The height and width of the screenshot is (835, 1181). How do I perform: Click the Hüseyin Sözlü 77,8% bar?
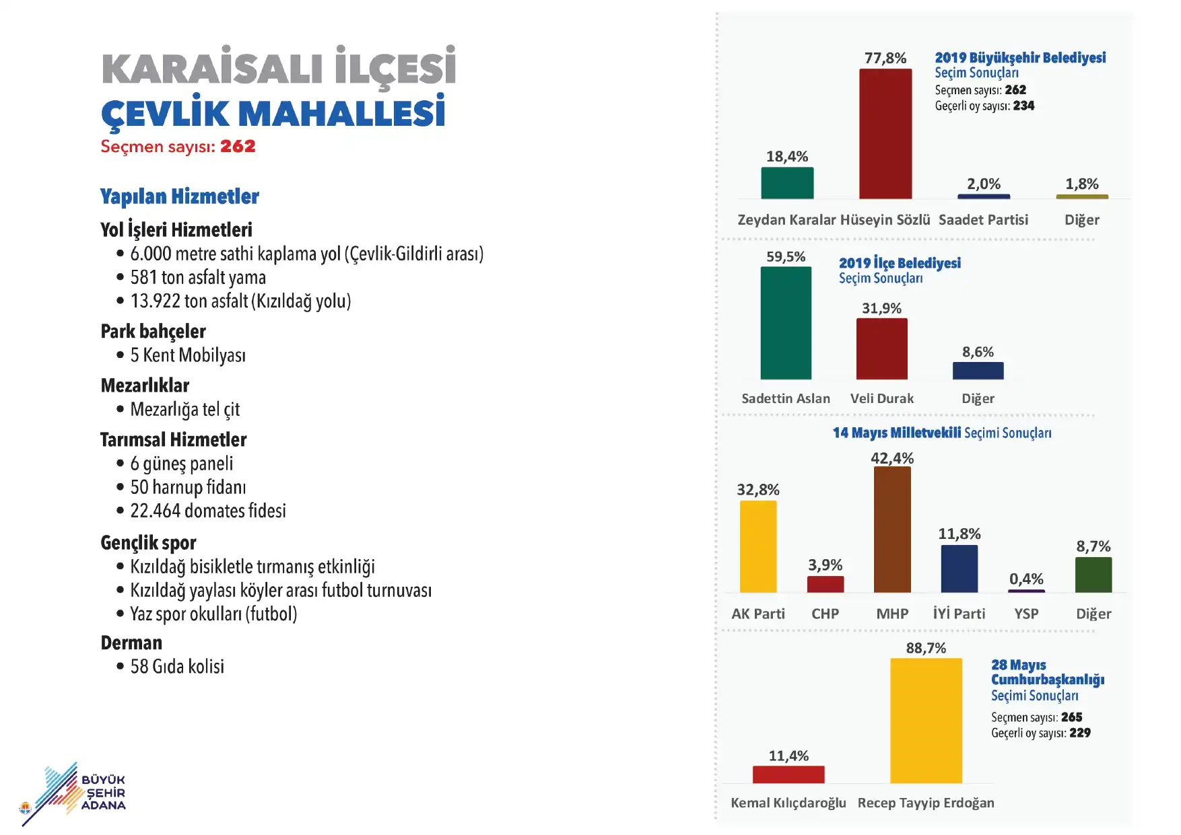(x=885, y=134)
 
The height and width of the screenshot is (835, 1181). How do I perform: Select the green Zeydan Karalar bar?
(x=787, y=183)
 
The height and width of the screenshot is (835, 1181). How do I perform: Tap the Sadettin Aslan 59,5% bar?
(x=786, y=323)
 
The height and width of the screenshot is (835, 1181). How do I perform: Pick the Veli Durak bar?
(x=881, y=349)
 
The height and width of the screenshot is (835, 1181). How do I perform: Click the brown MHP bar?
(x=892, y=530)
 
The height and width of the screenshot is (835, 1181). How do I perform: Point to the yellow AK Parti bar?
(x=758, y=546)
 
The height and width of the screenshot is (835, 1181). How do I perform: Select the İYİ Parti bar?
(x=959, y=569)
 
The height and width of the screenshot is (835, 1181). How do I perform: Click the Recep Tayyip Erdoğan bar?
(x=926, y=721)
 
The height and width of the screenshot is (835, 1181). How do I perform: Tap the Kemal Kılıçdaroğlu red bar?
(x=788, y=774)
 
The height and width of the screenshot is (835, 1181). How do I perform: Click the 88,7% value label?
(x=926, y=648)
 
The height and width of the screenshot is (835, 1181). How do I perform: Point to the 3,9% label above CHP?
(x=825, y=565)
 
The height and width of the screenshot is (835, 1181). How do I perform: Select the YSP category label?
(x=1026, y=614)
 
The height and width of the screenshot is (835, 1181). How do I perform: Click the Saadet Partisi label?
(x=983, y=219)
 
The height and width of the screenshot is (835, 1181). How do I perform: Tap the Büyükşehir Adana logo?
(x=73, y=794)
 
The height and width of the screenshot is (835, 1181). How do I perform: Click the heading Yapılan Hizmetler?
(x=180, y=196)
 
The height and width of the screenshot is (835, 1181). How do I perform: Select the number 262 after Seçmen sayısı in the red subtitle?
(x=238, y=146)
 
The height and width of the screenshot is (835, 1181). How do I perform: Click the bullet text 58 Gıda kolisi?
(x=177, y=666)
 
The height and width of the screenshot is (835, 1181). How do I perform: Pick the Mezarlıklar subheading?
(x=145, y=386)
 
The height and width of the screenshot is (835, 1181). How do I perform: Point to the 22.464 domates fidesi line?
(x=208, y=511)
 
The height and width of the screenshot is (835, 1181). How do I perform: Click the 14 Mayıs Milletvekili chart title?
(x=942, y=433)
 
